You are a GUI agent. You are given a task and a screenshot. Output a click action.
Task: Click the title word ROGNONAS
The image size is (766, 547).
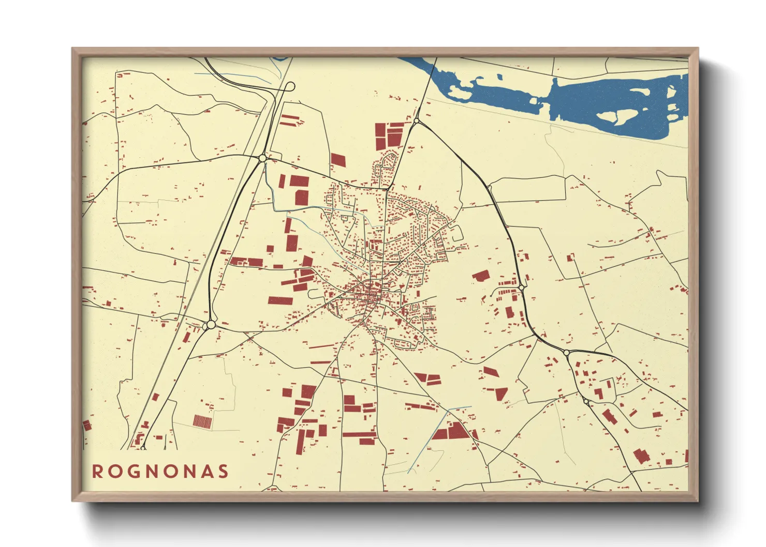[x=160, y=472]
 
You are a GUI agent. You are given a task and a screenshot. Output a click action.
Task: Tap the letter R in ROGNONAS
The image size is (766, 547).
[x=97, y=472]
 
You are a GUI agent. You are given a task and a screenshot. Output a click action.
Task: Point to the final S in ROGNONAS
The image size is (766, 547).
[x=224, y=472]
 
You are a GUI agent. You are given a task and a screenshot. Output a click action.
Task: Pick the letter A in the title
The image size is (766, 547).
[x=205, y=472]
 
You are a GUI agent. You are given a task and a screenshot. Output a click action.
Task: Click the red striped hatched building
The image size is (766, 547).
[x=202, y=421]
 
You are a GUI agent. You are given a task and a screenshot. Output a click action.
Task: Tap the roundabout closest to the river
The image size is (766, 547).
[x=416, y=121]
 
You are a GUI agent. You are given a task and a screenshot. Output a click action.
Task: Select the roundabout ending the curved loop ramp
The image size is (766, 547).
[x=290, y=86]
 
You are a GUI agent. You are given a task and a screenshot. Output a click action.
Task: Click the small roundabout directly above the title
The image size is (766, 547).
[x=143, y=448]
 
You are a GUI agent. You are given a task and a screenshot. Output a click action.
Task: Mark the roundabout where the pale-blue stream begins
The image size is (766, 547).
[x=262, y=158]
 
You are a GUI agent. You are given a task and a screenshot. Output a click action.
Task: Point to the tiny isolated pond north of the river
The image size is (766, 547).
[x=499, y=77]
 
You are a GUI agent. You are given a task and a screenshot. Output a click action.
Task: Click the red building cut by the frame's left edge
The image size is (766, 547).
[x=86, y=426]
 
